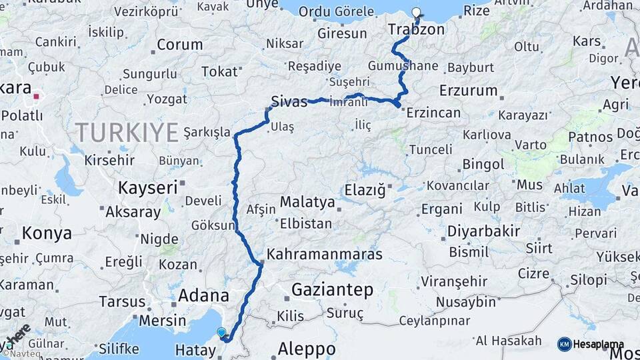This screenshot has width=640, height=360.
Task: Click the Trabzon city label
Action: pyautogui.click(x=415, y=30)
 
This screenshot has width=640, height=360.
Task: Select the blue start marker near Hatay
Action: pyautogui.click(x=221, y=332)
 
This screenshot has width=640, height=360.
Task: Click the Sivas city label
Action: pyautogui.click(x=289, y=102)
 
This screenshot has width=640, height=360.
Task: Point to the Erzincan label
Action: pyautogui.click(x=433, y=112)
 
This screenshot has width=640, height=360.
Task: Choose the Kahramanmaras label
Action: pyautogui.click(x=324, y=254)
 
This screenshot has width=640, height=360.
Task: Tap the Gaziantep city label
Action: pyautogui.click(x=332, y=289)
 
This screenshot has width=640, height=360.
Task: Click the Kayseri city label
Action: pyautogui.click(x=147, y=187)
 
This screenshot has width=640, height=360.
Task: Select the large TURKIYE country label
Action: pyautogui.click(x=126, y=132)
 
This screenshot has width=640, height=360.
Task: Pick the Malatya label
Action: pyautogui.click(x=307, y=201)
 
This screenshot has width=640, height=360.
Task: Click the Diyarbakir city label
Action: pyautogui.click(x=483, y=231)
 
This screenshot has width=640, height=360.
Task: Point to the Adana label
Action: pyautogui.click(x=204, y=295)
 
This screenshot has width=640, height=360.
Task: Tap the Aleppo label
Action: pyautogui.click(x=307, y=349)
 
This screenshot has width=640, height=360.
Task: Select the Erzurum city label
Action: pyautogui.click(x=469, y=90)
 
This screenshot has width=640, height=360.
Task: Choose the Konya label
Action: pyautogui.click(x=47, y=233)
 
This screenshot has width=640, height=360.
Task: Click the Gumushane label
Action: pyautogui.click(x=403, y=65)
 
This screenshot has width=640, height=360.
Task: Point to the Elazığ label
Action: pyautogui.click(x=365, y=191)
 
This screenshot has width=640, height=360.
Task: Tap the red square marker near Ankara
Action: pyautogui.click(x=36, y=96)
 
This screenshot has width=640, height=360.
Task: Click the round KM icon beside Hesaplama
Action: pyautogui.click(x=565, y=344)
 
